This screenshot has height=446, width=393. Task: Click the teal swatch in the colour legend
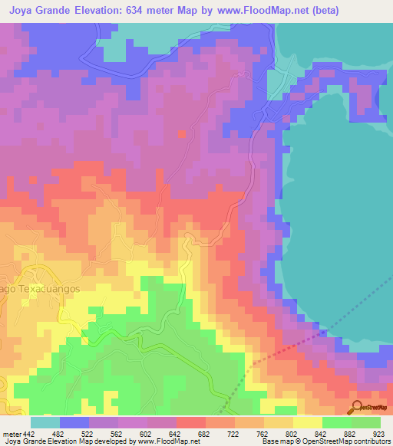45,422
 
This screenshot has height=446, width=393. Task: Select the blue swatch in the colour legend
74,422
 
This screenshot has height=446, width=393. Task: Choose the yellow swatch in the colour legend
307,422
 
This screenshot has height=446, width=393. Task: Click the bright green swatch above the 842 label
336,422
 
